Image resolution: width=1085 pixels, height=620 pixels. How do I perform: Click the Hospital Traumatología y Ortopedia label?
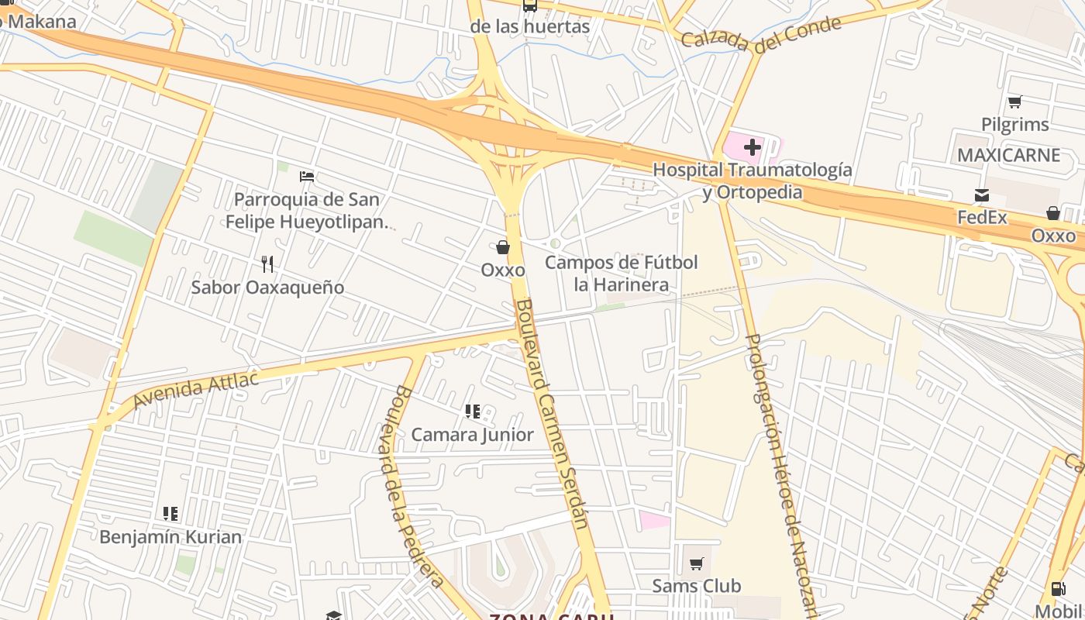click(752, 181)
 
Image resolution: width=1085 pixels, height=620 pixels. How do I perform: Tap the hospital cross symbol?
click(752, 146)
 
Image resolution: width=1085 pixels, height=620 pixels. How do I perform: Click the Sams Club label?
click(696, 585)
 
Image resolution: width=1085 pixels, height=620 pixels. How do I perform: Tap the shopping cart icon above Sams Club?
click(696, 563)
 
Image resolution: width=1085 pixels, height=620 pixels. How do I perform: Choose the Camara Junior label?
click(472, 434)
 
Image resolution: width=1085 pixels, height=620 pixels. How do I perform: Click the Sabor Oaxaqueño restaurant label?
click(267, 287)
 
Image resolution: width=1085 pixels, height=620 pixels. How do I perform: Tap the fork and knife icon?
click(267, 264)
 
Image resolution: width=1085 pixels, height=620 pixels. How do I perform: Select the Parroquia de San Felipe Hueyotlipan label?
click(307, 210)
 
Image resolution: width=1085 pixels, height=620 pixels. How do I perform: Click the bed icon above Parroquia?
click(307, 177)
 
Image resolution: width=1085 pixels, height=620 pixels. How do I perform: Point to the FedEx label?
click(982, 217)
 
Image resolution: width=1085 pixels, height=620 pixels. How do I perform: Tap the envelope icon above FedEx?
click(982, 195)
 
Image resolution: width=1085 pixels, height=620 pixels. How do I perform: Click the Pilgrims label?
click(1014, 124)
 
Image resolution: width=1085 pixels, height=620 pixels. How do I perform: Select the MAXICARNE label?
click(1008, 155)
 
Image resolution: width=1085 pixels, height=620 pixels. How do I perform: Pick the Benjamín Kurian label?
click(170, 536)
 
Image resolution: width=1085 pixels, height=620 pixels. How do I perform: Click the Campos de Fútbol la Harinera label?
click(621, 273)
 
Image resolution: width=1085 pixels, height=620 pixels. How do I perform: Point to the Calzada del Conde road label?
click(761, 33)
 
